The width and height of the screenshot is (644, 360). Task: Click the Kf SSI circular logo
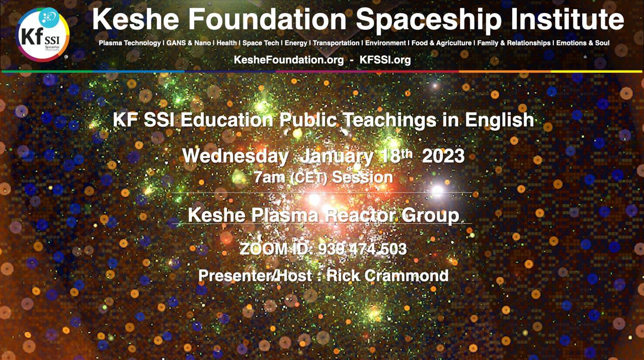(x=42, y=35)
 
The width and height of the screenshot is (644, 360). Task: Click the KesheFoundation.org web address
(x=289, y=60)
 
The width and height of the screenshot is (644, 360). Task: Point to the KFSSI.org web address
(x=385, y=60)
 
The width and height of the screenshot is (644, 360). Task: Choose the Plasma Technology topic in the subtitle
(x=130, y=43)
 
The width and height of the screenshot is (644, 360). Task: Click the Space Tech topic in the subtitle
(x=261, y=43)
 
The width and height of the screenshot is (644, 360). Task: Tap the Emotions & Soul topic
(x=583, y=43)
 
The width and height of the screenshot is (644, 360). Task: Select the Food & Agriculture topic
(x=442, y=43)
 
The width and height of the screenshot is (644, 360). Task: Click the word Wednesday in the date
(x=235, y=156)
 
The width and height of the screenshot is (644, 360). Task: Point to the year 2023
(x=443, y=156)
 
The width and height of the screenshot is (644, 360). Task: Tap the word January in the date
(x=337, y=157)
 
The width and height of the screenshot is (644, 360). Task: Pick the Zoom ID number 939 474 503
(x=362, y=249)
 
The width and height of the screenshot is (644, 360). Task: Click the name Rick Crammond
(x=387, y=276)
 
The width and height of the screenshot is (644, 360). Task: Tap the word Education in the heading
(x=226, y=120)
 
